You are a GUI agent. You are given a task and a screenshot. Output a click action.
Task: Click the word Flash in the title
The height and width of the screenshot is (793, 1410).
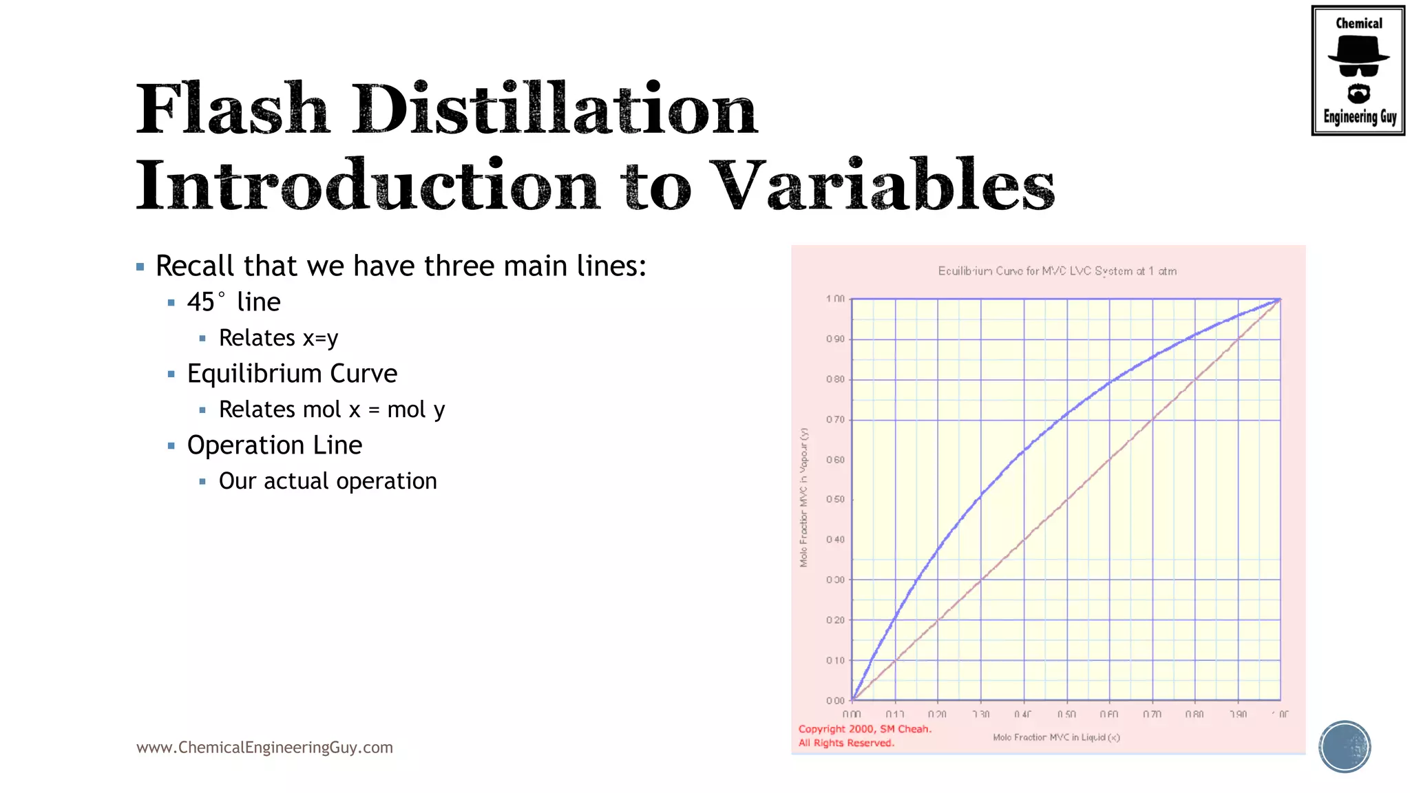coord(233,110)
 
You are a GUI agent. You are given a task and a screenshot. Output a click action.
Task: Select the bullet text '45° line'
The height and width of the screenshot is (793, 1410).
coord(233,302)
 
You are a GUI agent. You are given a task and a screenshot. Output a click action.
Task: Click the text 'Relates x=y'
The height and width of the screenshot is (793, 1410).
coord(278,338)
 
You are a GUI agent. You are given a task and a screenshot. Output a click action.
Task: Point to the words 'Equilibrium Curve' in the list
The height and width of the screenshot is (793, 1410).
coord(292,374)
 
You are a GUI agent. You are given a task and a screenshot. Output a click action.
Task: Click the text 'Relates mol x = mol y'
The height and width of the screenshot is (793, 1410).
coord(332,410)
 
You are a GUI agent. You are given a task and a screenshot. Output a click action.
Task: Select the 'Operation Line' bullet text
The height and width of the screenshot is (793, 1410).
coord(274,445)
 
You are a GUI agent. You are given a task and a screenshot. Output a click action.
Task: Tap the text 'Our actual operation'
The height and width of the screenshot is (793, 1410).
coord(328,481)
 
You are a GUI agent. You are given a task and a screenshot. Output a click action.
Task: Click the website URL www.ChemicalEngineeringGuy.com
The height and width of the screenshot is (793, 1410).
coord(264,748)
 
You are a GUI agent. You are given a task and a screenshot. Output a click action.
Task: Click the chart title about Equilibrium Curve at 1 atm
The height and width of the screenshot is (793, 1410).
coord(1057,271)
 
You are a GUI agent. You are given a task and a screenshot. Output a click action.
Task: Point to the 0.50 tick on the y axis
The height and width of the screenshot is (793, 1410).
coord(835,500)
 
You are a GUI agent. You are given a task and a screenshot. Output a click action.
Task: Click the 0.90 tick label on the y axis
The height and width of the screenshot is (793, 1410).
coord(835,339)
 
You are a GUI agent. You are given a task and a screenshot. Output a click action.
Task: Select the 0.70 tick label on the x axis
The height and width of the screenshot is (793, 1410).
coord(1152,715)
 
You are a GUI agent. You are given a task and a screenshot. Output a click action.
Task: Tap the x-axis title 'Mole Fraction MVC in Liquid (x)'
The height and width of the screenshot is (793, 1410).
coord(1056,737)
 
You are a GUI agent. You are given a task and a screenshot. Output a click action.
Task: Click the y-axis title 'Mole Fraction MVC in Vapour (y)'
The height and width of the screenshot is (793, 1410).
coord(803,498)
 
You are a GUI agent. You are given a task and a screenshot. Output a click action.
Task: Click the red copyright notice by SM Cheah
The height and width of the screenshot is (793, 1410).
coord(864,736)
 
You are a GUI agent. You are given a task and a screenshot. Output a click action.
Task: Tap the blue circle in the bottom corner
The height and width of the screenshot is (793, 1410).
coord(1345,747)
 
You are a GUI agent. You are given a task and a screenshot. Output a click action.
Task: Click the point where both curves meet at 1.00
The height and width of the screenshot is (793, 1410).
coord(1280,299)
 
